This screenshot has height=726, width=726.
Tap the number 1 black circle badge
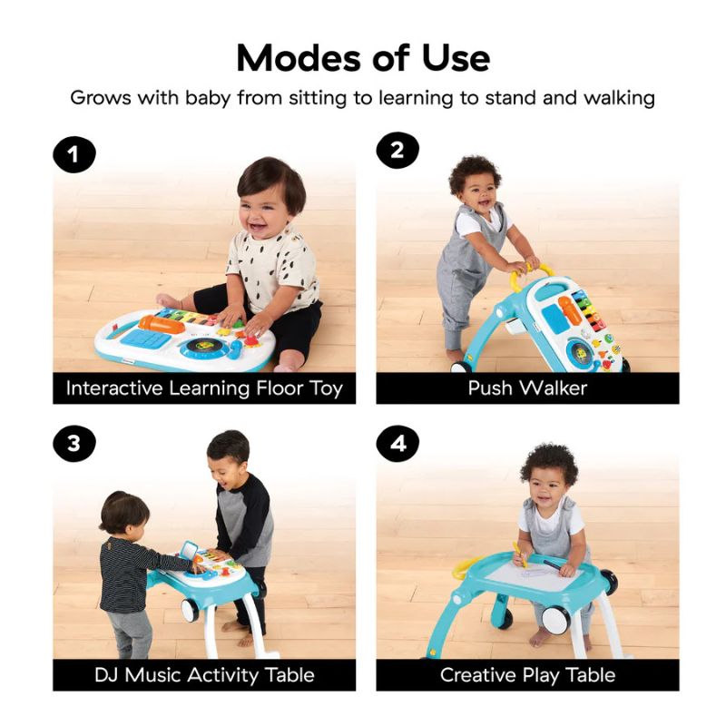coord(74,156)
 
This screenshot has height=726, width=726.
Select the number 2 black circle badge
coord(397,151)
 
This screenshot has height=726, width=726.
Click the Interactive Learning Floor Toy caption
coord(204,388)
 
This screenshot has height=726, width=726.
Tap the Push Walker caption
coord(527,388)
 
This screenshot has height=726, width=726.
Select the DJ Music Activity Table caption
coord(204,675)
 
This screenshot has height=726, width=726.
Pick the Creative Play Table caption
coord(527,675)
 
